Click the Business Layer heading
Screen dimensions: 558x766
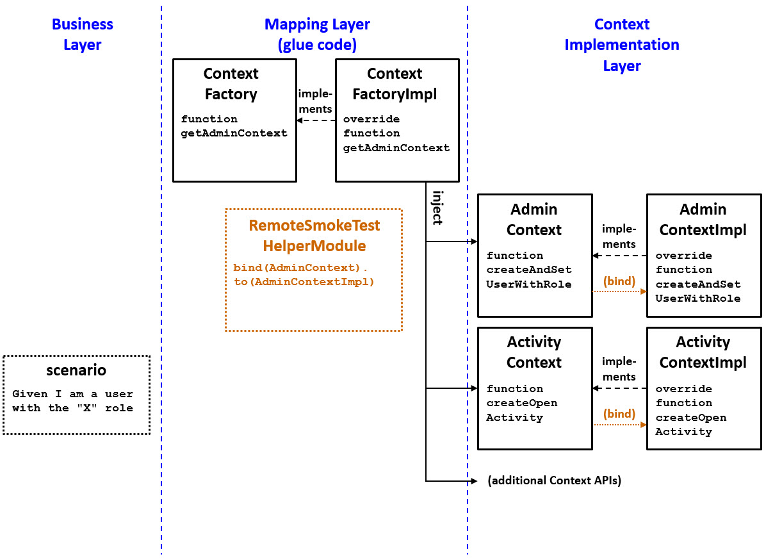click(82, 35)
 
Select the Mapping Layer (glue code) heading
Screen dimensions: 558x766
click(317, 35)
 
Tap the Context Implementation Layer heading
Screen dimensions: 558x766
click(621, 45)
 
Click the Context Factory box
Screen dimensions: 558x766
click(234, 120)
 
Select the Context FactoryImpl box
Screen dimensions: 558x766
click(397, 120)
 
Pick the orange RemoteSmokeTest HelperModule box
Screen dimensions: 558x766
click(314, 270)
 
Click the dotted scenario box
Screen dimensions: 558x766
click(76, 395)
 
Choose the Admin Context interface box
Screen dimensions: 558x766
click(535, 256)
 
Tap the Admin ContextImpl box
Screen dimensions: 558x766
click(703, 256)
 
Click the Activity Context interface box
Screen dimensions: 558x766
click(535, 388)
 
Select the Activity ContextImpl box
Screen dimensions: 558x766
click(703, 388)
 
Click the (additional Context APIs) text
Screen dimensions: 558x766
click(554, 480)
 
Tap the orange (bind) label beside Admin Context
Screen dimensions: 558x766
click(619, 281)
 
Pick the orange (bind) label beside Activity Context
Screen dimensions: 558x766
click(619, 414)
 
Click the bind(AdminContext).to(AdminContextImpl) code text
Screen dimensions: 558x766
click(304, 275)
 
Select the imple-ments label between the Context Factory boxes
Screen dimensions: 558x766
click(316, 101)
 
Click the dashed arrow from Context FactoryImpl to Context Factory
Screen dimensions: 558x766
click(316, 120)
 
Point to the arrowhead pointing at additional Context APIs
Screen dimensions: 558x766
click(475, 480)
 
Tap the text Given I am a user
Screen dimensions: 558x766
click(72, 394)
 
